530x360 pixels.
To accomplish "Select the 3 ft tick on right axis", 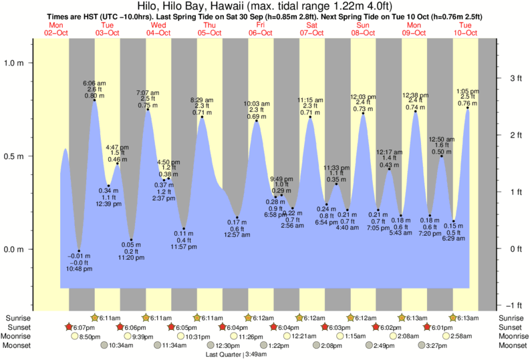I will tap(514, 78).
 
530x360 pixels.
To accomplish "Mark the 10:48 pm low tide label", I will tap(80, 268).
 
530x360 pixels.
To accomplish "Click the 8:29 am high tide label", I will tap(203, 100).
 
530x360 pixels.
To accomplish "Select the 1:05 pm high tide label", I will tap(467, 91).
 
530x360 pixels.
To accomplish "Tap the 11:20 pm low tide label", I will tap(132, 257).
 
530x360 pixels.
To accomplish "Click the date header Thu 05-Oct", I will tap(209, 29).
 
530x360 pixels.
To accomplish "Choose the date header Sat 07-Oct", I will tap(311, 29).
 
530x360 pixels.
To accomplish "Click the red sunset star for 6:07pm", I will tap(69, 327).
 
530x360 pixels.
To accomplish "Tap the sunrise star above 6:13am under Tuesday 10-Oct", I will tap(453, 317).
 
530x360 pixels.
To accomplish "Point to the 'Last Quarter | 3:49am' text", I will tap(235, 355).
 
